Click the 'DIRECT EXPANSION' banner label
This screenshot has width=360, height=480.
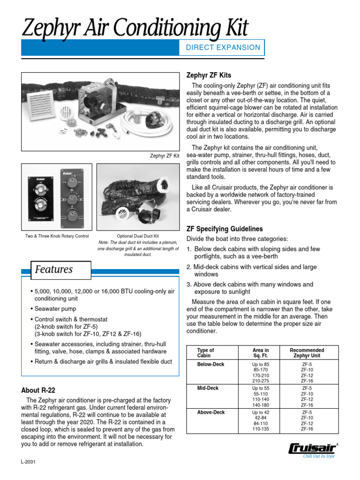[x=223, y=47]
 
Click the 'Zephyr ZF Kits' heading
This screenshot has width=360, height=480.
[x=209, y=75]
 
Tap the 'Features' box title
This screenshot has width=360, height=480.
[x=54, y=270]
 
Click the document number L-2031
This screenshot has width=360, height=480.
[x=29, y=462]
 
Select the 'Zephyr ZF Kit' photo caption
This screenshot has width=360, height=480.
[x=164, y=156]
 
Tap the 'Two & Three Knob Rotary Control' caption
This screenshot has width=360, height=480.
[x=57, y=236]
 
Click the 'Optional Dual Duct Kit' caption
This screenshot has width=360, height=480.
[x=138, y=236]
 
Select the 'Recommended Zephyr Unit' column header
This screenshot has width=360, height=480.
[x=307, y=353]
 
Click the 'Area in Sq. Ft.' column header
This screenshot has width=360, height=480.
[x=261, y=353]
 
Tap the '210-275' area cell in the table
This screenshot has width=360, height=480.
[x=261, y=381]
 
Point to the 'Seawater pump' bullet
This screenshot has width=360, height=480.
[x=55, y=309]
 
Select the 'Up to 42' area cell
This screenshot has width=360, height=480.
[x=261, y=412]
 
